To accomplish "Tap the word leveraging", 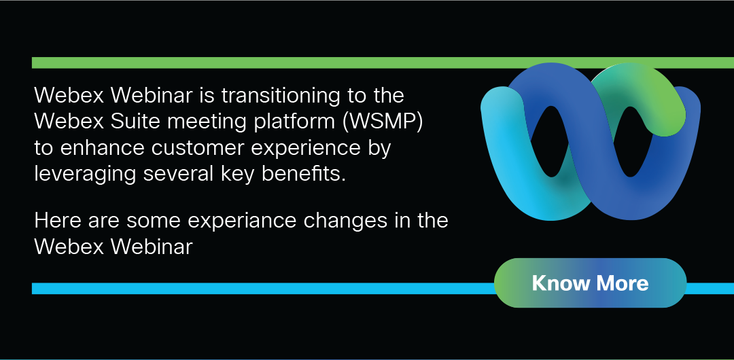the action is pyautogui.click(x=86, y=175).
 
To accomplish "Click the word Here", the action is pyautogui.click(x=55, y=221).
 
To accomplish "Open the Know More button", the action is pyautogui.click(x=591, y=283).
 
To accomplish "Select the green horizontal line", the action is pyautogui.click(x=383, y=62).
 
